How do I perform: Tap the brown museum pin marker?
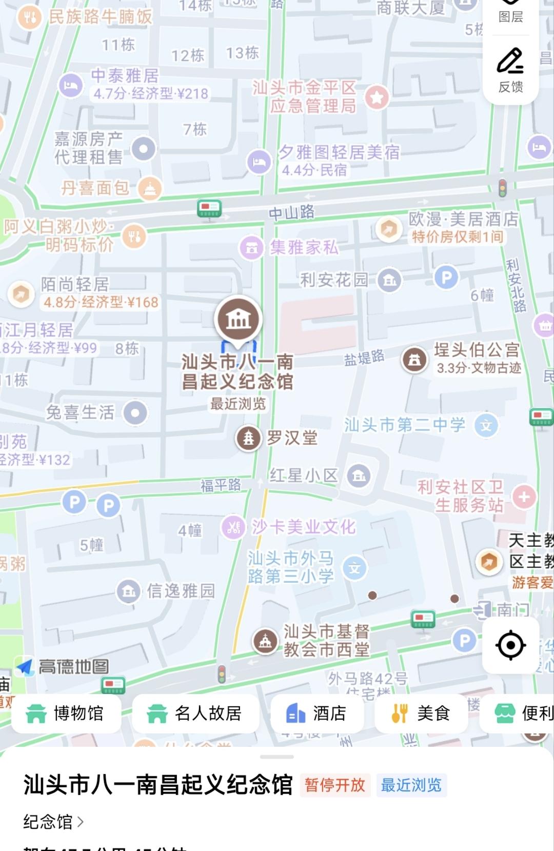pyautogui.click(x=239, y=319)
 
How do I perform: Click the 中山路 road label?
pyautogui.click(x=292, y=212)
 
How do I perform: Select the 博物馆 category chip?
pyautogui.click(x=66, y=713)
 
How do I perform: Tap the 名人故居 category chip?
pyautogui.click(x=195, y=713)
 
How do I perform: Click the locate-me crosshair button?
pyautogui.click(x=510, y=645)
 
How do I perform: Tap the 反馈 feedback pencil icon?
pyautogui.click(x=510, y=62)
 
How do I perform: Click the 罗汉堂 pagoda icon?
pyautogui.click(x=248, y=438)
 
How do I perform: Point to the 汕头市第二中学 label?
pyautogui.click(x=405, y=425)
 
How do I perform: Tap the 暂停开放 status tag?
pyautogui.click(x=335, y=785)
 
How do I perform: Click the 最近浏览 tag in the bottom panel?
pyautogui.click(x=411, y=785)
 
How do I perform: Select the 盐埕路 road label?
pyautogui.click(x=364, y=358)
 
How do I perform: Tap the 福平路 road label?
pyautogui.click(x=221, y=485)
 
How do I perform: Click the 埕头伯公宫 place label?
pyautogui.click(x=477, y=350)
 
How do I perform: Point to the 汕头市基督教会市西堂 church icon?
pyautogui.click(x=265, y=641)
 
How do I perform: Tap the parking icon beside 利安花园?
pyautogui.click(x=446, y=278)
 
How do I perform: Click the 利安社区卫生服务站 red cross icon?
pyautogui.click(x=524, y=497)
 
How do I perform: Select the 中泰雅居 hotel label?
pyautogui.click(x=125, y=76)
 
